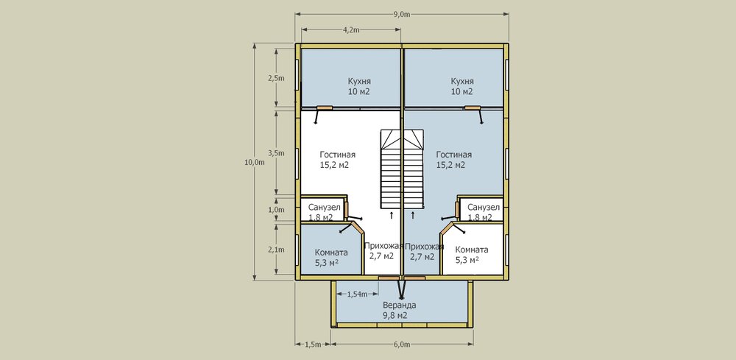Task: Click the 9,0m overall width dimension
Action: [x=403, y=14]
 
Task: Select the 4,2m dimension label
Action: [x=351, y=30]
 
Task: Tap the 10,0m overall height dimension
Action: [x=255, y=163]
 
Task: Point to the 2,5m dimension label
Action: [x=276, y=78]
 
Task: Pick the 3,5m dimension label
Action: [x=276, y=152]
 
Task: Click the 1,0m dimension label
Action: [x=276, y=210]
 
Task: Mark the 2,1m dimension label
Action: [x=276, y=250]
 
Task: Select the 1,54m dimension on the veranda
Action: [x=356, y=294]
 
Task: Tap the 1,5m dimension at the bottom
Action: [x=313, y=345]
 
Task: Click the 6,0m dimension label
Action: [x=403, y=345]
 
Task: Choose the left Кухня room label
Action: [x=359, y=86]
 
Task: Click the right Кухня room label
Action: [x=462, y=86]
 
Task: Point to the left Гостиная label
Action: [x=338, y=160]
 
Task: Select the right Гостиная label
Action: [x=454, y=160]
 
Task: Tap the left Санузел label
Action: [x=324, y=212]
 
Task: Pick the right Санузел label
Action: [x=484, y=212]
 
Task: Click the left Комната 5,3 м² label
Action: [x=331, y=257]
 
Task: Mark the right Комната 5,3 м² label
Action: [x=472, y=255]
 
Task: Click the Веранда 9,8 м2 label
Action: [x=400, y=310]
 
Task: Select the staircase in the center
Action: [x=402, y=169]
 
